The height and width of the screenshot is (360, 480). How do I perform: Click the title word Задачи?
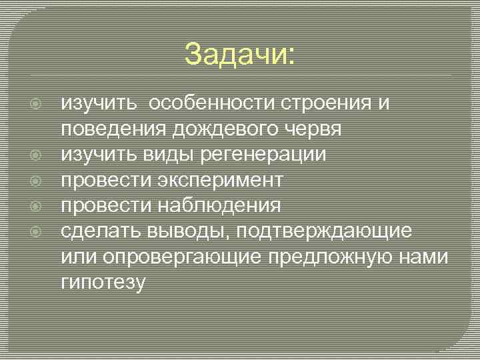click(x=239, y=54)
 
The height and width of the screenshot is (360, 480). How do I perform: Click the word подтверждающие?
click(x=323, y=231)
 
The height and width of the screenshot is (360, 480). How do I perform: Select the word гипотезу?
click(x=103, y=281)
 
